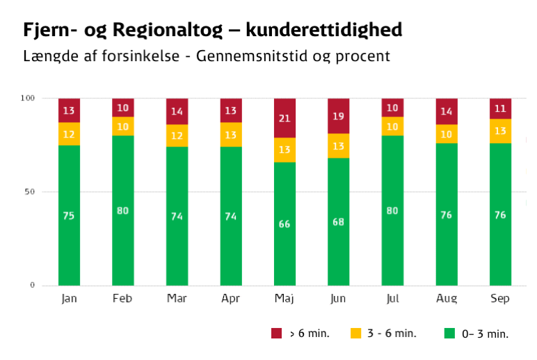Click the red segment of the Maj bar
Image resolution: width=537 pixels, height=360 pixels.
tap(284, 118)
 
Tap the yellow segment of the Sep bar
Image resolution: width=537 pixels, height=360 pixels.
tap(500, 131)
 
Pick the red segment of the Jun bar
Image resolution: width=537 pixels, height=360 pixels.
tap(339, 116)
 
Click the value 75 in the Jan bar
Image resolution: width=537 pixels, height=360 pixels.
tap(69, 216)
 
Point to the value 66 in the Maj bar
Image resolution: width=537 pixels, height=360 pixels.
tap(284, 224)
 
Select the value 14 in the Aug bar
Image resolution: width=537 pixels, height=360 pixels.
tap(447, 111)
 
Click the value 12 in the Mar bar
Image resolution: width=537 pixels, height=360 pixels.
tap(177, 136)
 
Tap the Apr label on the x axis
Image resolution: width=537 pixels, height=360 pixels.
tap(230, 299)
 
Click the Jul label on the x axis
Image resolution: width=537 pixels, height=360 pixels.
tap(392, 299)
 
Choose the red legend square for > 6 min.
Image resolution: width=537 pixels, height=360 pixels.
tap(276, 334)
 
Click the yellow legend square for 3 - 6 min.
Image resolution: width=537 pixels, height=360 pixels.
tap(354, 334)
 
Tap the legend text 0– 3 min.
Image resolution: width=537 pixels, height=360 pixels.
tap(485, 334)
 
